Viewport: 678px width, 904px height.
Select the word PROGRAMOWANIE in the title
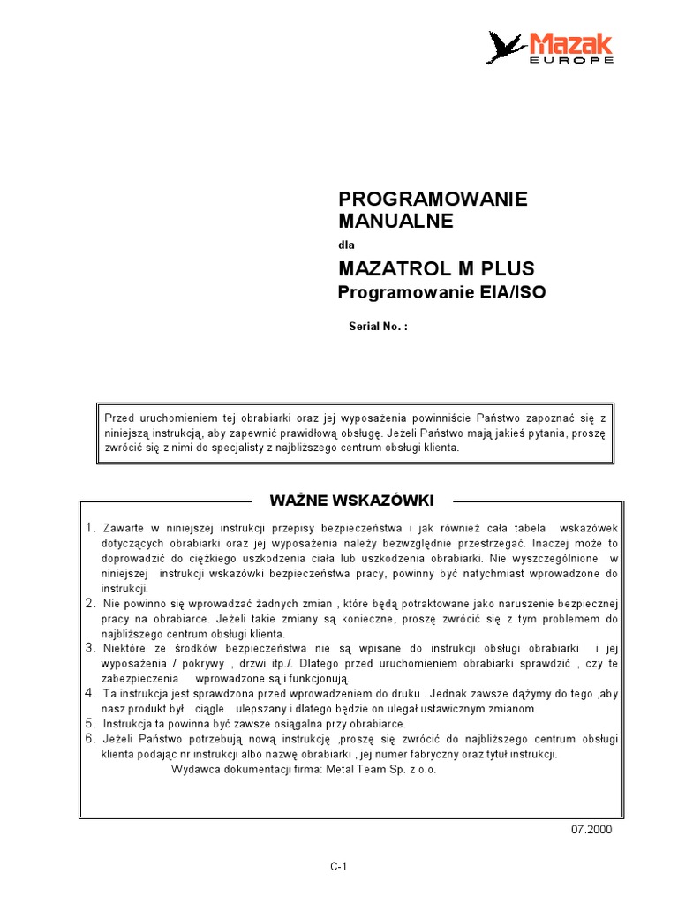click(x=433, y=199)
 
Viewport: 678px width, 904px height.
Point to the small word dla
click(x=346, y=245)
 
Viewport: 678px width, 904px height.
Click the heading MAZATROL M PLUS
click(x=436, y=268)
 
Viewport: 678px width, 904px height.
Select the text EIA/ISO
click(x=508, y=292)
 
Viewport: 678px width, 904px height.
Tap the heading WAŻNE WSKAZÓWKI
click(x=350, y=501)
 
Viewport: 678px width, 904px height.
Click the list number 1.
click(x=90, y=528)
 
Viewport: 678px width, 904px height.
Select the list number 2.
click(x=90, y=603)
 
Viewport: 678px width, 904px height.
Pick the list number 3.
click(x=90, y=648)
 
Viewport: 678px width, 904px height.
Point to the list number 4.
click(x=90, y=693)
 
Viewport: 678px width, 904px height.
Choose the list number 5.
click(x=90, y=723)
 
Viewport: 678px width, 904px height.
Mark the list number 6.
click(x=90, y=738)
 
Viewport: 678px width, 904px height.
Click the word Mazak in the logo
click(x=570, y=42)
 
